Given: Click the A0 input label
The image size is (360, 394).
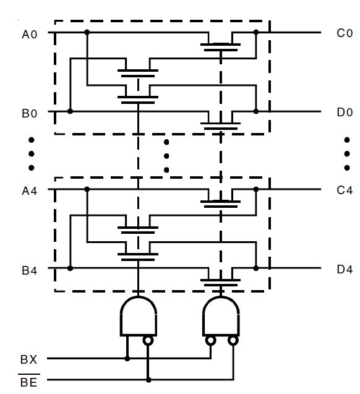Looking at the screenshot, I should coord(30,34).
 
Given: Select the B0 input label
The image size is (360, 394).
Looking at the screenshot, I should coord(30,113).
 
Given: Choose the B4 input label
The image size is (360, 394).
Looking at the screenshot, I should coord(30,270).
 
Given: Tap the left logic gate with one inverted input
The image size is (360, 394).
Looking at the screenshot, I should coord(137,316).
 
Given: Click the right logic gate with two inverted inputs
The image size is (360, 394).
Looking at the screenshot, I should coord(221,316).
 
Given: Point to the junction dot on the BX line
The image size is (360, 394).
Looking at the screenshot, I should coord(127,358).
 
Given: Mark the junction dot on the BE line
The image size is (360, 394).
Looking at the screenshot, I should coord(148,380).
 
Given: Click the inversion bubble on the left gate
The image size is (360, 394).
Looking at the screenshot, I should coord(148,340).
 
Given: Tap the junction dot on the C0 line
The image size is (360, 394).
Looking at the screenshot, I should coord(255,32).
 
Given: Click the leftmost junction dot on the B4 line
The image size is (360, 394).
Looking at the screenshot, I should coord(71,268).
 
